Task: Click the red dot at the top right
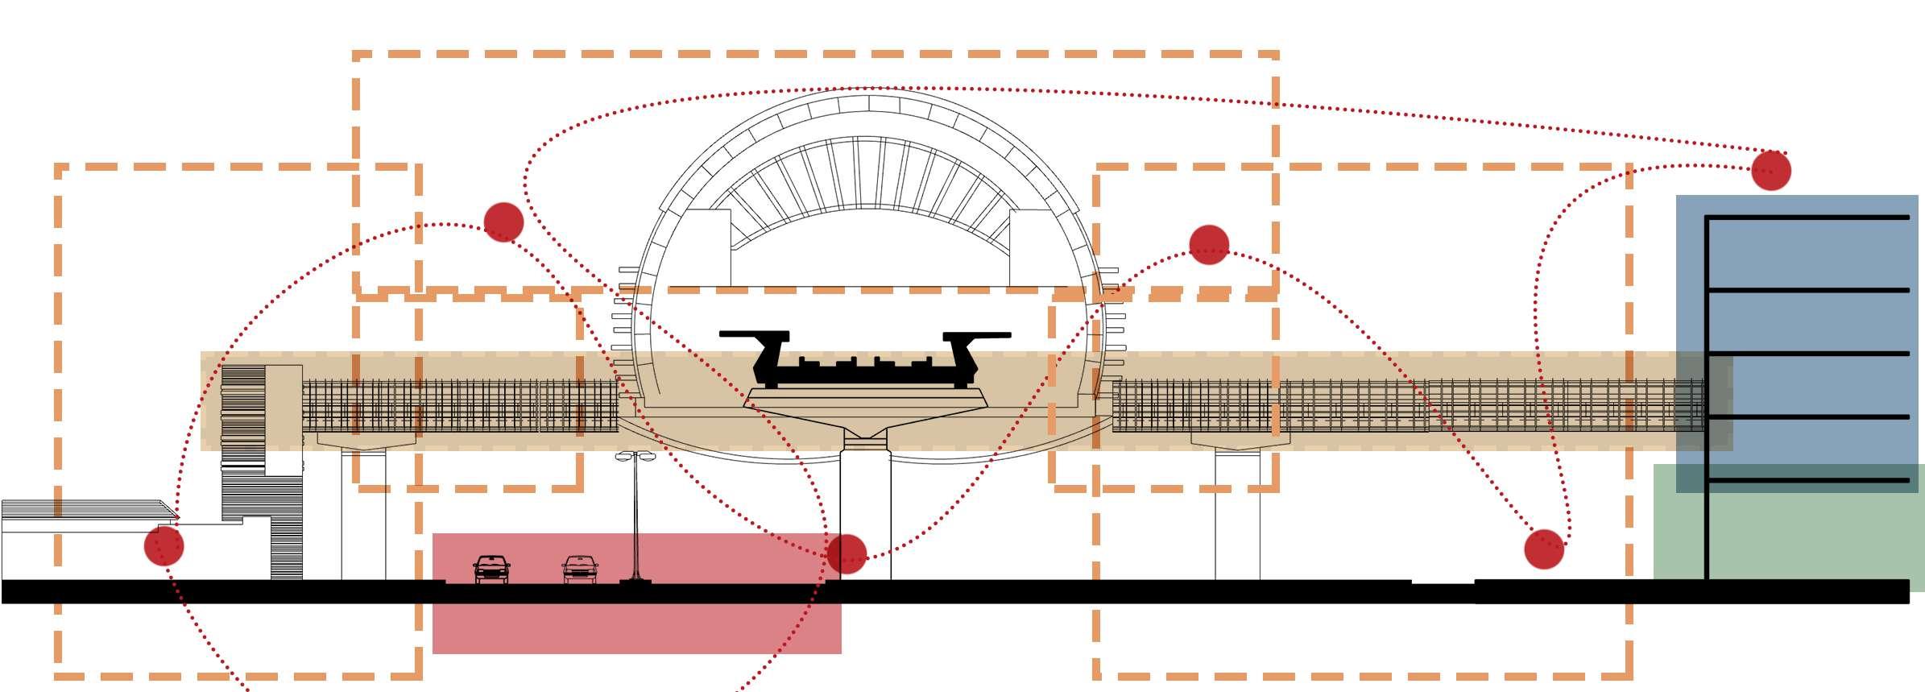(x=1770, y=170)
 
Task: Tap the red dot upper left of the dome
(x=504, y=222)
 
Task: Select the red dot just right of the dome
(x=1208, y=245)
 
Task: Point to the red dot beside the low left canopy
(x=164, y=545)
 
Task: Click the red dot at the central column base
(x=846, y=554)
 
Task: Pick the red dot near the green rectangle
(x=1544, y=549)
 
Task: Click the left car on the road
(x=491, y=569)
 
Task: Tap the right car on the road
(x=579, y=569)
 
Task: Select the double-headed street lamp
(x=635, y=516)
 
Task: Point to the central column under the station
(x=866, y=516)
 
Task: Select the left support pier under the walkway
(x=363, y=516)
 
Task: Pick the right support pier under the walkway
(x=1237, y=516)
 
